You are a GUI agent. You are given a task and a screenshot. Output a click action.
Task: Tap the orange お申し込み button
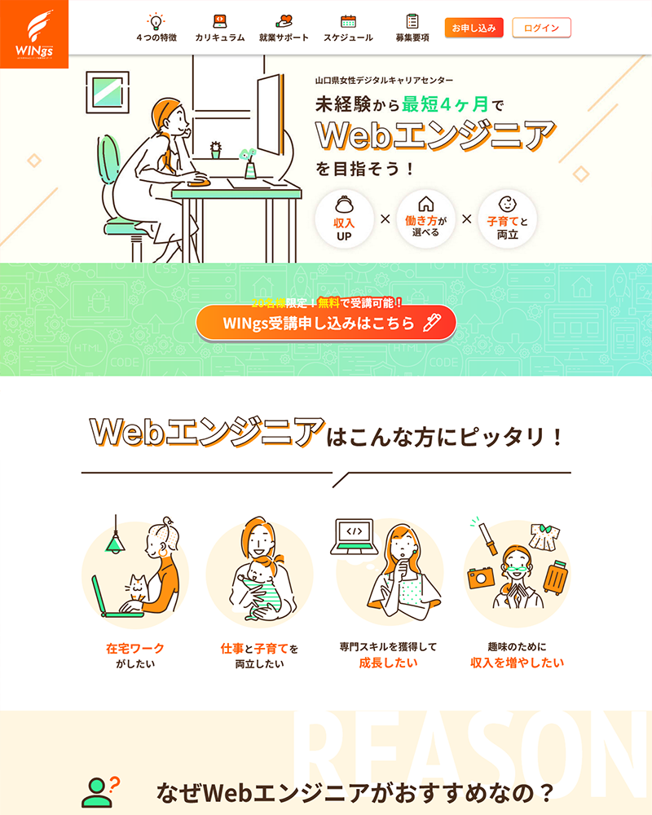[474, 28]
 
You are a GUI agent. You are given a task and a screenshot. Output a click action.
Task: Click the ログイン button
[542, 28]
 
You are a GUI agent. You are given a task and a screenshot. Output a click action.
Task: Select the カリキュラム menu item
[220, 37]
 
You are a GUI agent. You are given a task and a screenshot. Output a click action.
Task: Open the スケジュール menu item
[348, 37]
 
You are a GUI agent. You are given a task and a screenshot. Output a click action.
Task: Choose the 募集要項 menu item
[412, 37]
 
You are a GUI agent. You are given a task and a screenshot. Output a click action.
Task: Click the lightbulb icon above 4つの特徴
[156, 21]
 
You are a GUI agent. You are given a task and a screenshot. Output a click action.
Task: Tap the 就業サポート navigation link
[284, 37]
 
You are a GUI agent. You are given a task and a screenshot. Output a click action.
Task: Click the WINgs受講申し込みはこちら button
[325, 323]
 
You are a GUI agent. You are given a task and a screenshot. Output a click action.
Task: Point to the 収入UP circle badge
[344, 218]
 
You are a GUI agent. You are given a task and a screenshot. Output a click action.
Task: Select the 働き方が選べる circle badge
[425, 218]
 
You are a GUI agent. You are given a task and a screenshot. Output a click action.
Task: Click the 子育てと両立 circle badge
[507, 218]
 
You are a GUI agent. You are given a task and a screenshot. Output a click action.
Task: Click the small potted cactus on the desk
[215, 151]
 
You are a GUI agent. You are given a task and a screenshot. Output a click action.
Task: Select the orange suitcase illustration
[555, 577]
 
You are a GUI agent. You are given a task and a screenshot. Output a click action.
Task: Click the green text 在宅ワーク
[135, 649]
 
